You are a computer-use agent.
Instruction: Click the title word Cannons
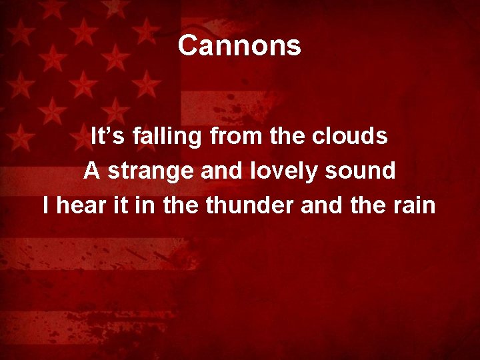click(239, 46)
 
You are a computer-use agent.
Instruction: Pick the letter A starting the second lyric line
click(92, 171)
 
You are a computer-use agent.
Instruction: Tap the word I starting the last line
click(46, 205)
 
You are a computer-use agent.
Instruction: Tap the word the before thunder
click(180, 205)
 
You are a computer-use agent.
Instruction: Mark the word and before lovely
click(225, 171)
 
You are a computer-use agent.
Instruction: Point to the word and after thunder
click(321, 205)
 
